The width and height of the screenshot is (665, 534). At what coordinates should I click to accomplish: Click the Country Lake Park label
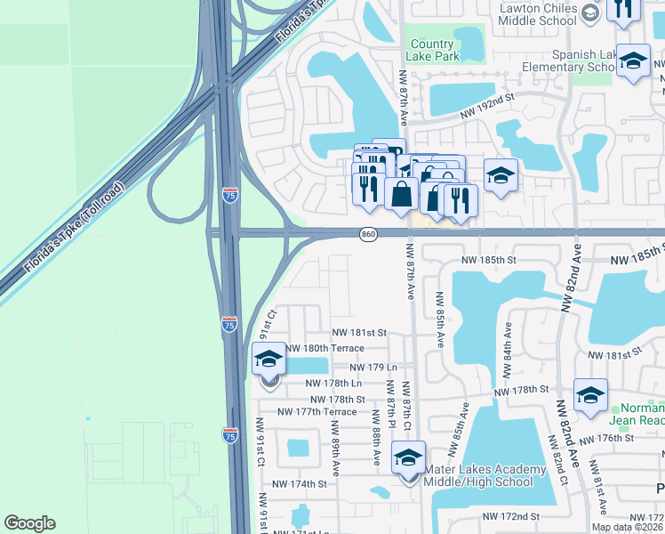pos(434,50)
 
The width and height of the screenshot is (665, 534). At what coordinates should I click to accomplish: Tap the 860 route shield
pos(369,234)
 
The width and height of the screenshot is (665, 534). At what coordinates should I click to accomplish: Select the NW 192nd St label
pos(487,106)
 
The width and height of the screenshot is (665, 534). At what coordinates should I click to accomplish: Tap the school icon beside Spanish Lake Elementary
pos(632,61)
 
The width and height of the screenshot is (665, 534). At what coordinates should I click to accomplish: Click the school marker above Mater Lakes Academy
pos(409,458)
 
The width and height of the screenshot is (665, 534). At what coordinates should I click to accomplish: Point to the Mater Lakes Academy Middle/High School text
pos(485,476)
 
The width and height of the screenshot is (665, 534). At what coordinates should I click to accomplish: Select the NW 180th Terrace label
pos(322,348)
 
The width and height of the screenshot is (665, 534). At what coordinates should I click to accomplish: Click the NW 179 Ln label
pos(372,367)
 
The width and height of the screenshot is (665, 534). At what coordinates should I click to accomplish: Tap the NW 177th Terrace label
pos(316,411)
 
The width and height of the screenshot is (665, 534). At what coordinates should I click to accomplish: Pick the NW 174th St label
pos(300,484)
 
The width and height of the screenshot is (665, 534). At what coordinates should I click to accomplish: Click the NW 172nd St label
pos(511,516)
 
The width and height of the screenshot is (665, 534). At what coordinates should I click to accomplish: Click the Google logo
pos(29,523)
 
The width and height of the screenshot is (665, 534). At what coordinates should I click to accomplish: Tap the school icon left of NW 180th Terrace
pos(268,360)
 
